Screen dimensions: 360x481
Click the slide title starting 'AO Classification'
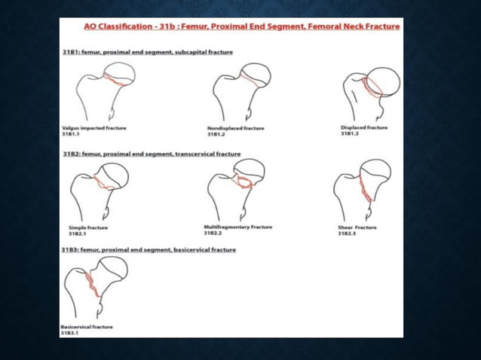click(x=243, y=26)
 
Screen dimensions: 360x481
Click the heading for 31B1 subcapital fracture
click(x=147, y=52)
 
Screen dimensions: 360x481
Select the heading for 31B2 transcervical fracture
click(x=151, y=154)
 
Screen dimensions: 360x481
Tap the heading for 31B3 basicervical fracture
click(x=149, y=249)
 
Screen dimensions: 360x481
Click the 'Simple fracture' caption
click(x=88, y=227)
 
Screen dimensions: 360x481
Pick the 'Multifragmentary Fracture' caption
click(x=237, y=227)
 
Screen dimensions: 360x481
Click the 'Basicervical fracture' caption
click(x=87, y=327)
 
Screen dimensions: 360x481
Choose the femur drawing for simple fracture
click(x=98, y=191)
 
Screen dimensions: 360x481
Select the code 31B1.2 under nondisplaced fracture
click(x=217, y=134)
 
